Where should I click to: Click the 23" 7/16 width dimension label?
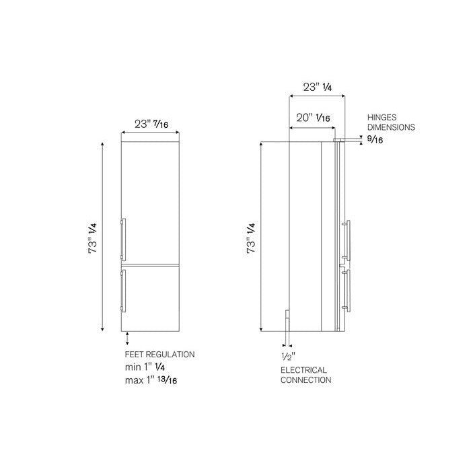click(151, 124)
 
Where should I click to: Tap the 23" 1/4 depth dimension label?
click(317, 87)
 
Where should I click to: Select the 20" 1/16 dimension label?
click(313, 118)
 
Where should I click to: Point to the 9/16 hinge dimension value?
click(375, 140)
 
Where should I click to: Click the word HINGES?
click(382, 118)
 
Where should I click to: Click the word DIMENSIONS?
click(391, 127)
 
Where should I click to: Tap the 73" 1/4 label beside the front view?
click(93, 238)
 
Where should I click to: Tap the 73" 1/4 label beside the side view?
click(251, 238)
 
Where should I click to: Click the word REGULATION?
click(169, 355)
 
